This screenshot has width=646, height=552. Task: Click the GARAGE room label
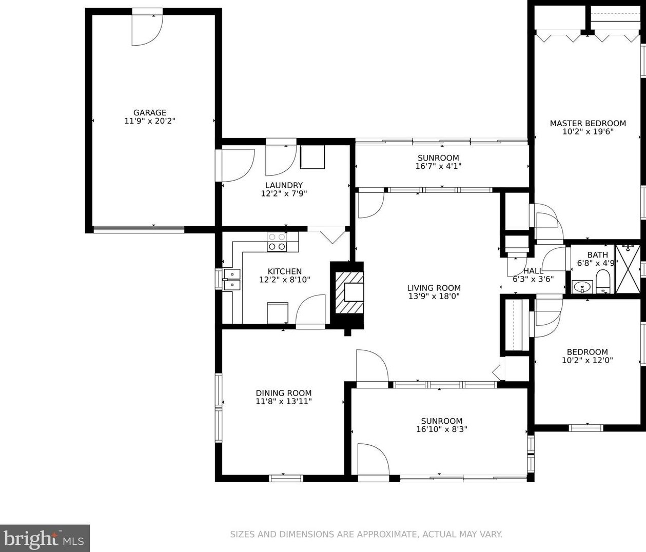point(150,112)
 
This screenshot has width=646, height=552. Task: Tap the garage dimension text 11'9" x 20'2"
point(150,121)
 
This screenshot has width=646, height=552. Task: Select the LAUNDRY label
point(284,185)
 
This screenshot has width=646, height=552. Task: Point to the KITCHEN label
point(284,271)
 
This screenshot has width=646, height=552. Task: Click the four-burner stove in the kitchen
point(277,242)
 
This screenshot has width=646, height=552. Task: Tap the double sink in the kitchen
point(232,280)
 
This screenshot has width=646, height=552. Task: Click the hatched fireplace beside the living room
point(349,293)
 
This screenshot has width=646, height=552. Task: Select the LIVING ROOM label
point(434,288)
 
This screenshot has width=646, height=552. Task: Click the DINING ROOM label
point(283,393)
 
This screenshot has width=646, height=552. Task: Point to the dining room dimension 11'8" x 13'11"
point(283,401)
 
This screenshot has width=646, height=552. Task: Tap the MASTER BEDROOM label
point(588,124)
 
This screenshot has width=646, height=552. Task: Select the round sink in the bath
point(582,286)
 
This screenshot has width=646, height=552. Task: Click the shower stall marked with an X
point(628,269)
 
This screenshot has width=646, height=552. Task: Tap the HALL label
point(533,270)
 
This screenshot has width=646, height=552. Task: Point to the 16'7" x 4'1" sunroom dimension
point(438,166)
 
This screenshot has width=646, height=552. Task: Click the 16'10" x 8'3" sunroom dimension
point(441,429)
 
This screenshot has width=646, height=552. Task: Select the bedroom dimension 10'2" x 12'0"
point(587,360)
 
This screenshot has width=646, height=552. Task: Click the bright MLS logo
point(44,539)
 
